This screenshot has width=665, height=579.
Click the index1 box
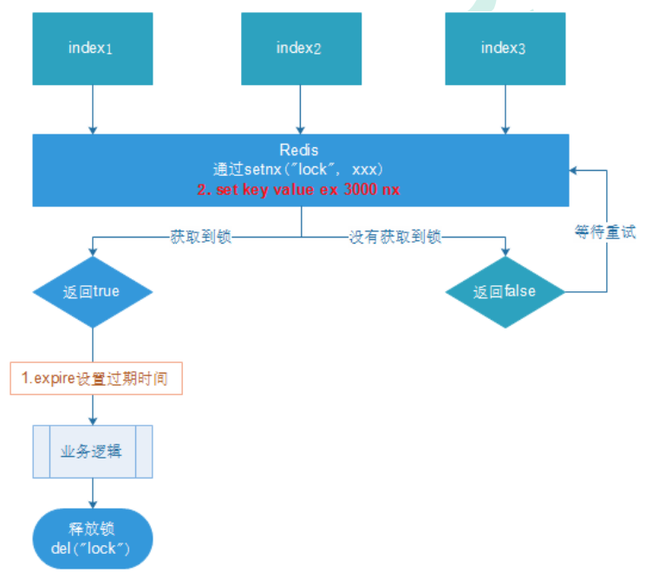click(x=91, y=49)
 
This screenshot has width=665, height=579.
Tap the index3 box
click(x=504, y=49)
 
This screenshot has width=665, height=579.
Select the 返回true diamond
click(x=92, y=291)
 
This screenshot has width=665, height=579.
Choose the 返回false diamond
click(x=505, y=292)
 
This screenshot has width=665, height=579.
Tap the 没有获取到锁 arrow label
click(x=394, y=237)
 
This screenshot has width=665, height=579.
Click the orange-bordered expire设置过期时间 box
click(x=96, y=379)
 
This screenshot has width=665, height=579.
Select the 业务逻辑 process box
click(x=93, y=452)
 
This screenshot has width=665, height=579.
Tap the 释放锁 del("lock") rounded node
click(x=93, y=538)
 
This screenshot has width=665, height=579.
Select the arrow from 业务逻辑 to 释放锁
click(x=93, y=493)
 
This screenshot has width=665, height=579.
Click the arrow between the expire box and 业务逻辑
click(x=93, y=409)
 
